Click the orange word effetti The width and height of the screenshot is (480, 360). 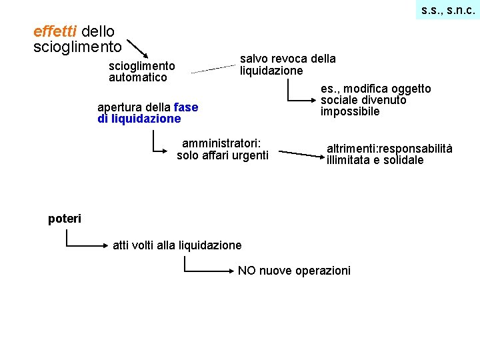pos(55,31)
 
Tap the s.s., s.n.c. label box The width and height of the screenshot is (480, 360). pos(448,10)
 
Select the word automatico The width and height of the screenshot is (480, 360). pos(138,77)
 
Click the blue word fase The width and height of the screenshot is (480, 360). pos(185,107)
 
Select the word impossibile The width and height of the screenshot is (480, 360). pos(350,111)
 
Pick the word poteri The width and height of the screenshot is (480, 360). pos(65,219)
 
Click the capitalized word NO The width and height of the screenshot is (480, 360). pos(247,270)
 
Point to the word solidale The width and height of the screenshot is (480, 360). pos(403,160)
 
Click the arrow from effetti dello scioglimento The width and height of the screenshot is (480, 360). pos(139,49)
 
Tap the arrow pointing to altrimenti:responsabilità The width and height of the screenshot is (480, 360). pos(301,155)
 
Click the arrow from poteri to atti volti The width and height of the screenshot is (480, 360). pos(85,245)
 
